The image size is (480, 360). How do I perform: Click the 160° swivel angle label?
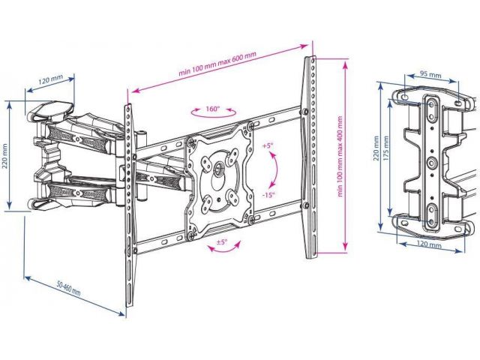pos(213,109)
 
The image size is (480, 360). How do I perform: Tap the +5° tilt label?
pos(267,146)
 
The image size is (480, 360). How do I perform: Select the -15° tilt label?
pos(268,195)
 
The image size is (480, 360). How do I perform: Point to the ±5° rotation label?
pos(222,241)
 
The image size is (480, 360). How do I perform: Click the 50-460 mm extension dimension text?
pos(68,288)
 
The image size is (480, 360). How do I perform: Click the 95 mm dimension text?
pos(430,74)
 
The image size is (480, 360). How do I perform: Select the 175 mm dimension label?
pos(385,148)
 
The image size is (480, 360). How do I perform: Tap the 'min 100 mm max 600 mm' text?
pos(217,64)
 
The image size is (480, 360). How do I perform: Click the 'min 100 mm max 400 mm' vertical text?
pos(340,157)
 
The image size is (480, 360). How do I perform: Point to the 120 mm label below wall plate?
pos(430,245)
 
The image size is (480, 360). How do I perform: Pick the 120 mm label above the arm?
pos(50,80)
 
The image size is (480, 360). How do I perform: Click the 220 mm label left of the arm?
pos(5,156)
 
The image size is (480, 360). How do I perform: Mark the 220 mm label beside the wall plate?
pos(376,148)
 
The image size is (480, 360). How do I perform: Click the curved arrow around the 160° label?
pos(213,113)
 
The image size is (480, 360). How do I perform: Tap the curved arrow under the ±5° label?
pos(224,247)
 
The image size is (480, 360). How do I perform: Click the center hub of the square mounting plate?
pos(218,167)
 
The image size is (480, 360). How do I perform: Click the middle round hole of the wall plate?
pos(432,162)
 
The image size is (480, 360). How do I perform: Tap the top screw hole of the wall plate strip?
pos(432,104)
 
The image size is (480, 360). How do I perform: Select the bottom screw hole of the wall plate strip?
pos(432,221)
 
